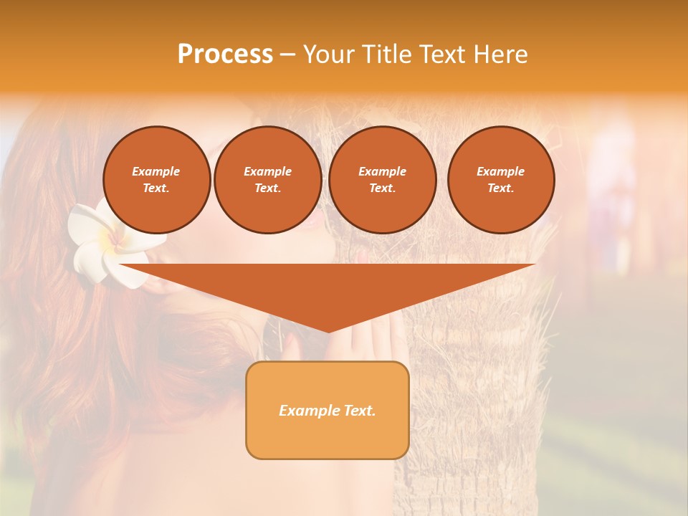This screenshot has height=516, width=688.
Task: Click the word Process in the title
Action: (x=225, y=54)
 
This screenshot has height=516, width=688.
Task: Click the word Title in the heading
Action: (x=386, y=54)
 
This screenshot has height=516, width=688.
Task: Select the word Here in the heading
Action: (x=500, y=54)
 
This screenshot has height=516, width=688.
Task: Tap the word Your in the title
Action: (x=330, y=54)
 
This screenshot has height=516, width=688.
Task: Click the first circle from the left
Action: (x=156, y=180)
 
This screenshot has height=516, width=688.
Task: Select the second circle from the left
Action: (x=268, y=180)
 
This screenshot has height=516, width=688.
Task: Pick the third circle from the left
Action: (x=382, y=180)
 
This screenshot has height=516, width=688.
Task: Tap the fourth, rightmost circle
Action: (x=501, y=180)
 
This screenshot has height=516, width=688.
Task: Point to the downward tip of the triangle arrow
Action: (x=328, y=330)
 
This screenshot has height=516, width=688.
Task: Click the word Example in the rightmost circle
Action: (x=501, y=171)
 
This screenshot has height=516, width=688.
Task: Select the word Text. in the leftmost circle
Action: (x=156, y=188)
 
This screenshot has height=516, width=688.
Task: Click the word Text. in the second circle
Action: (x=268, y=188)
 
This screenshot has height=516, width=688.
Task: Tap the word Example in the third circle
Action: (x=382, y=171)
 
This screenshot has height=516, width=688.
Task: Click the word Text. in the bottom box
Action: (x=358, y=411)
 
